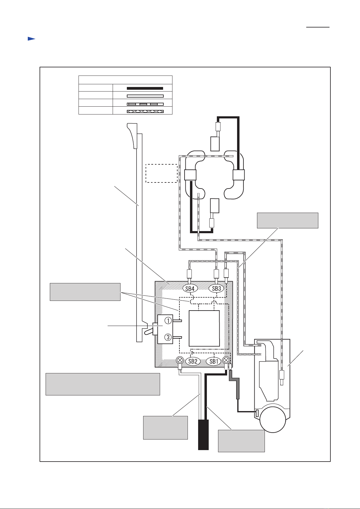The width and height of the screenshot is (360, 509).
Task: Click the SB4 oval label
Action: click(x=190, y=288)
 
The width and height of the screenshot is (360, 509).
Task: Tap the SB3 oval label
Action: click(x=216, y=288)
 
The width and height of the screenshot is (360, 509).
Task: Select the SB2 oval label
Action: click(x=193, y=361)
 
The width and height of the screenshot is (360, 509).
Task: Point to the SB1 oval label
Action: click(x=214, y=361)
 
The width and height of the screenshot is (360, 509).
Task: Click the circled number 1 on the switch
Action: click(x=168, y=321)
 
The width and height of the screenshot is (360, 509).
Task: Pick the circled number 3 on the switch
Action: click(x=168, y=337)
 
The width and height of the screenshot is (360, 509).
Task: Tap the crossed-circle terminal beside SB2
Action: click(x=180, y=360)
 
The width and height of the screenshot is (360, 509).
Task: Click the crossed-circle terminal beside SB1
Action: click(x=226, y=360)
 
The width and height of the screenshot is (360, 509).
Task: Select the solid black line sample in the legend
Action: click(x=145, y=89)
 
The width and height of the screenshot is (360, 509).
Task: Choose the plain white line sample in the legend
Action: click(x=145, y=96)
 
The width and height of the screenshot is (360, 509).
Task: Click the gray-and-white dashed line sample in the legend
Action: click(x=145, y=104)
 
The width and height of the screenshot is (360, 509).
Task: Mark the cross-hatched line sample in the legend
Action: click(x=145, y=111)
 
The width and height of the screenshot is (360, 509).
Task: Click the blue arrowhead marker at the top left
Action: click(x=31, y=39)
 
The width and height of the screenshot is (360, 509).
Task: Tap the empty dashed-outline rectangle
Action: click(x=161, y=173)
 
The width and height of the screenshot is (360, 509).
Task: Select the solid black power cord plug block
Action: click(x=203, y=434)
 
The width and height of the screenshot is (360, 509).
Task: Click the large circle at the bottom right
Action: click(x=273, y=420)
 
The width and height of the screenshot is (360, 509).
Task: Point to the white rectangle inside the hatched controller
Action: click(x=204, y=328)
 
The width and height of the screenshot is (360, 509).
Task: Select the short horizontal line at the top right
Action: click(x=318, y=27)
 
